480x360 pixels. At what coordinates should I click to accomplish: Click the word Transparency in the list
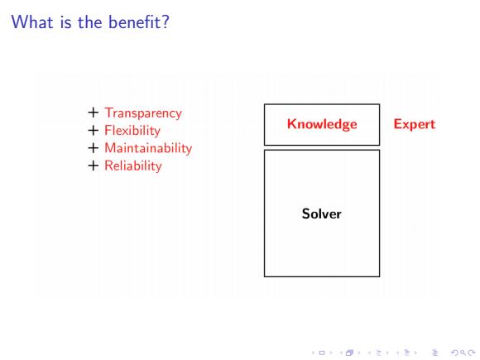click(x=143, y=113)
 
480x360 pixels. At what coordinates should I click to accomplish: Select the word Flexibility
click(x=132, y=131)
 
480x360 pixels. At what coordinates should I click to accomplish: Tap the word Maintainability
click(x=148, y=148)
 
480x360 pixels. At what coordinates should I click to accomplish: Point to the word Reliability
click(x=133, y=166)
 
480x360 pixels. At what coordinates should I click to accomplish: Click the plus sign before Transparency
click(x=93, y=113)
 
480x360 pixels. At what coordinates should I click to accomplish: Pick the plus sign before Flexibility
click(x=93, y=131)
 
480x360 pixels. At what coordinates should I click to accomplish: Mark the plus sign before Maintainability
click(x=93, y=148)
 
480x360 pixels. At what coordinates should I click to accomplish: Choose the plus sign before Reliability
click(x=93, y=166)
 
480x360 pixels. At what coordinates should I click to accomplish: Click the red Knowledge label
click(x=322, y=125)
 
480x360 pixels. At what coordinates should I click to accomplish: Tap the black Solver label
click(x=322, y=214)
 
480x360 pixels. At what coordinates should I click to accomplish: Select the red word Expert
click(x=415, y=125)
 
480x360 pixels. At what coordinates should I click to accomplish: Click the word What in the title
click(x=32, y=22)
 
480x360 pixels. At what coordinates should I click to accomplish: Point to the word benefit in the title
click(x=135, y=22)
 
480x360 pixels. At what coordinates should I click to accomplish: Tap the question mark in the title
click(x=166, y=22)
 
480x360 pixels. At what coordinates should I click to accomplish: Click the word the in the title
click(x=90, y=22)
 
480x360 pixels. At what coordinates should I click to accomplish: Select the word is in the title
click(x=66, y=22)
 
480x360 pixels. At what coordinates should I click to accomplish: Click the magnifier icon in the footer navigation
click(x=463, y=353)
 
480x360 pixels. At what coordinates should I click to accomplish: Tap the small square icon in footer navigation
click(x=322, y=353)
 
